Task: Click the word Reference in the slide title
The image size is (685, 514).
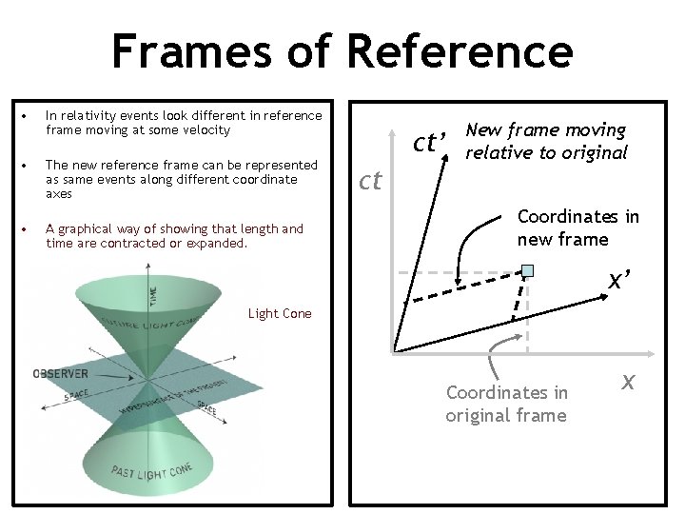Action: click(460, 49)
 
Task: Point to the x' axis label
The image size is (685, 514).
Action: click(622, 280)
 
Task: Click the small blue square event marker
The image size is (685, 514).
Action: click(527, 271)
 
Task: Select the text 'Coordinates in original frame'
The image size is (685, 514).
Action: click(506, 404)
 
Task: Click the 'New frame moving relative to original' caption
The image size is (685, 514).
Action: click(546, 141)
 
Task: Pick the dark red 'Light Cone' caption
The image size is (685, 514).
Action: click(279, 313)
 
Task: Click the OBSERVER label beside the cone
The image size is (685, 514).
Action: click(61, 373)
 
